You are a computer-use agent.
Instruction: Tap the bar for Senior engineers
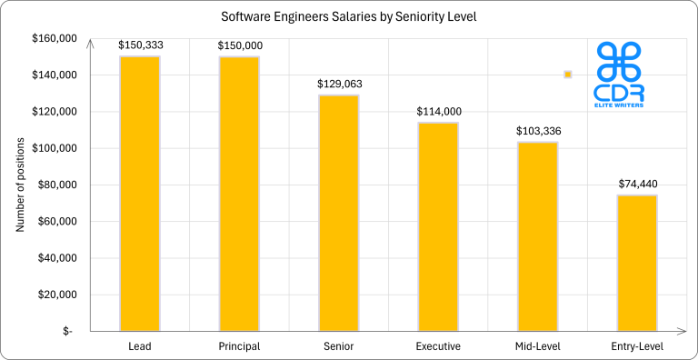(x=338, y=213)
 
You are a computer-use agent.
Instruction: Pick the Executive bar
(x=438, y=226)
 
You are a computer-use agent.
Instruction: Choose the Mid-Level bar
(x=537, y=236)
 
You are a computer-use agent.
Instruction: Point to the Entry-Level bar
(x=636, y=263)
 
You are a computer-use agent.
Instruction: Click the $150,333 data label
(x=139, y=45)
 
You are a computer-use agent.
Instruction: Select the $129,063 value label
(x=338, y=83)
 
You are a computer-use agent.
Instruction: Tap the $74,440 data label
(x=636, y=183)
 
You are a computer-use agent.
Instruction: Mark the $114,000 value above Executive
(x=438, y=111)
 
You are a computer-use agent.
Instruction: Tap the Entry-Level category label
(x=636, y=346)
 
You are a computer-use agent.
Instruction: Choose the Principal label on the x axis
(x=239, y=346)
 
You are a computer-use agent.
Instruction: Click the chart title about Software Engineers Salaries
(x=348, y=16)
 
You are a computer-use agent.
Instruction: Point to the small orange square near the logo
(x=568, y=75)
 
